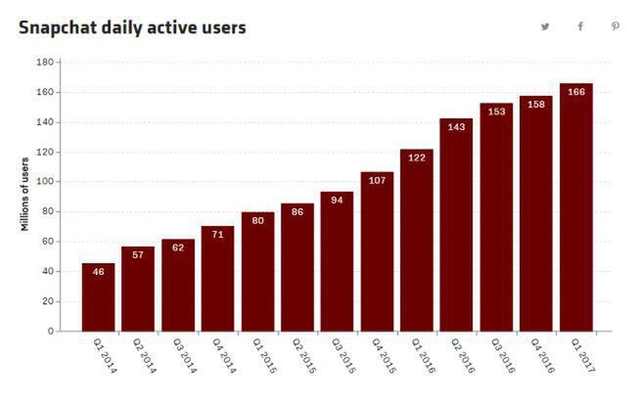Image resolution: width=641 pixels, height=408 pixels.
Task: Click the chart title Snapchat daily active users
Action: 132,27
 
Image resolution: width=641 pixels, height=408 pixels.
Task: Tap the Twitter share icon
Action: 545,26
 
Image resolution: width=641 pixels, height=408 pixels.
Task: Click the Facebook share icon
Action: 580,26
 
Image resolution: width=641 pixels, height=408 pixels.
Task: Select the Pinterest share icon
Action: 616,26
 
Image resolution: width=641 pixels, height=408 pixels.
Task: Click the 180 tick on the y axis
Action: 44,63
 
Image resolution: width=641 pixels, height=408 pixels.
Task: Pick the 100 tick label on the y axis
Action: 44,182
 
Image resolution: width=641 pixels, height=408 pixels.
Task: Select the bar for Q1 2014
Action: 98,298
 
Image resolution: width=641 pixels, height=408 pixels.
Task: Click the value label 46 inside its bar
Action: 98,273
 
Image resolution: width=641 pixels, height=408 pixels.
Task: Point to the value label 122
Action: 416,159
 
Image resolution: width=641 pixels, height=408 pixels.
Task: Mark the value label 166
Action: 575,93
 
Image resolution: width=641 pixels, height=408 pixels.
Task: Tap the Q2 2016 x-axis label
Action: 462,358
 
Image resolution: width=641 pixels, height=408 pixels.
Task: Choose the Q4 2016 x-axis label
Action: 541,358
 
